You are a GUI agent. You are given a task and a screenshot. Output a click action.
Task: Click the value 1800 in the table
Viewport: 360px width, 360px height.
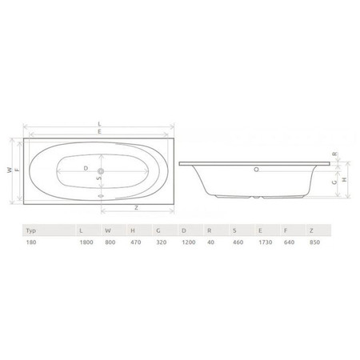86,242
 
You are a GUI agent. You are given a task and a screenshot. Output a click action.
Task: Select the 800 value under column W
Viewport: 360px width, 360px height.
110,242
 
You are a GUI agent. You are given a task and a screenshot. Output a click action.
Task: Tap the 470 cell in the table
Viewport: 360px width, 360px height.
136,242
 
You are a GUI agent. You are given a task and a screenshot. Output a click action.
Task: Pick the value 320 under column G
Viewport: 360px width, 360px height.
162,242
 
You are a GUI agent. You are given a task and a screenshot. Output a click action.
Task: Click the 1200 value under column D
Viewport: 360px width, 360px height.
189,242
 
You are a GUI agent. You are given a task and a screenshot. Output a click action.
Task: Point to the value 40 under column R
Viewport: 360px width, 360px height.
210,242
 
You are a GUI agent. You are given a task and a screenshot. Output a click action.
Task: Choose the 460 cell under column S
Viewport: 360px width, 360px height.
238,242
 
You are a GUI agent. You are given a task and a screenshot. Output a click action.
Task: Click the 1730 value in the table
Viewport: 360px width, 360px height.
266,242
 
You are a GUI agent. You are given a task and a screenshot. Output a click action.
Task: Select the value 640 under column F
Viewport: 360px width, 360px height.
289,242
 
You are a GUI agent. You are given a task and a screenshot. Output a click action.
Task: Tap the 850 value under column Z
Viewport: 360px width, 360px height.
314,242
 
